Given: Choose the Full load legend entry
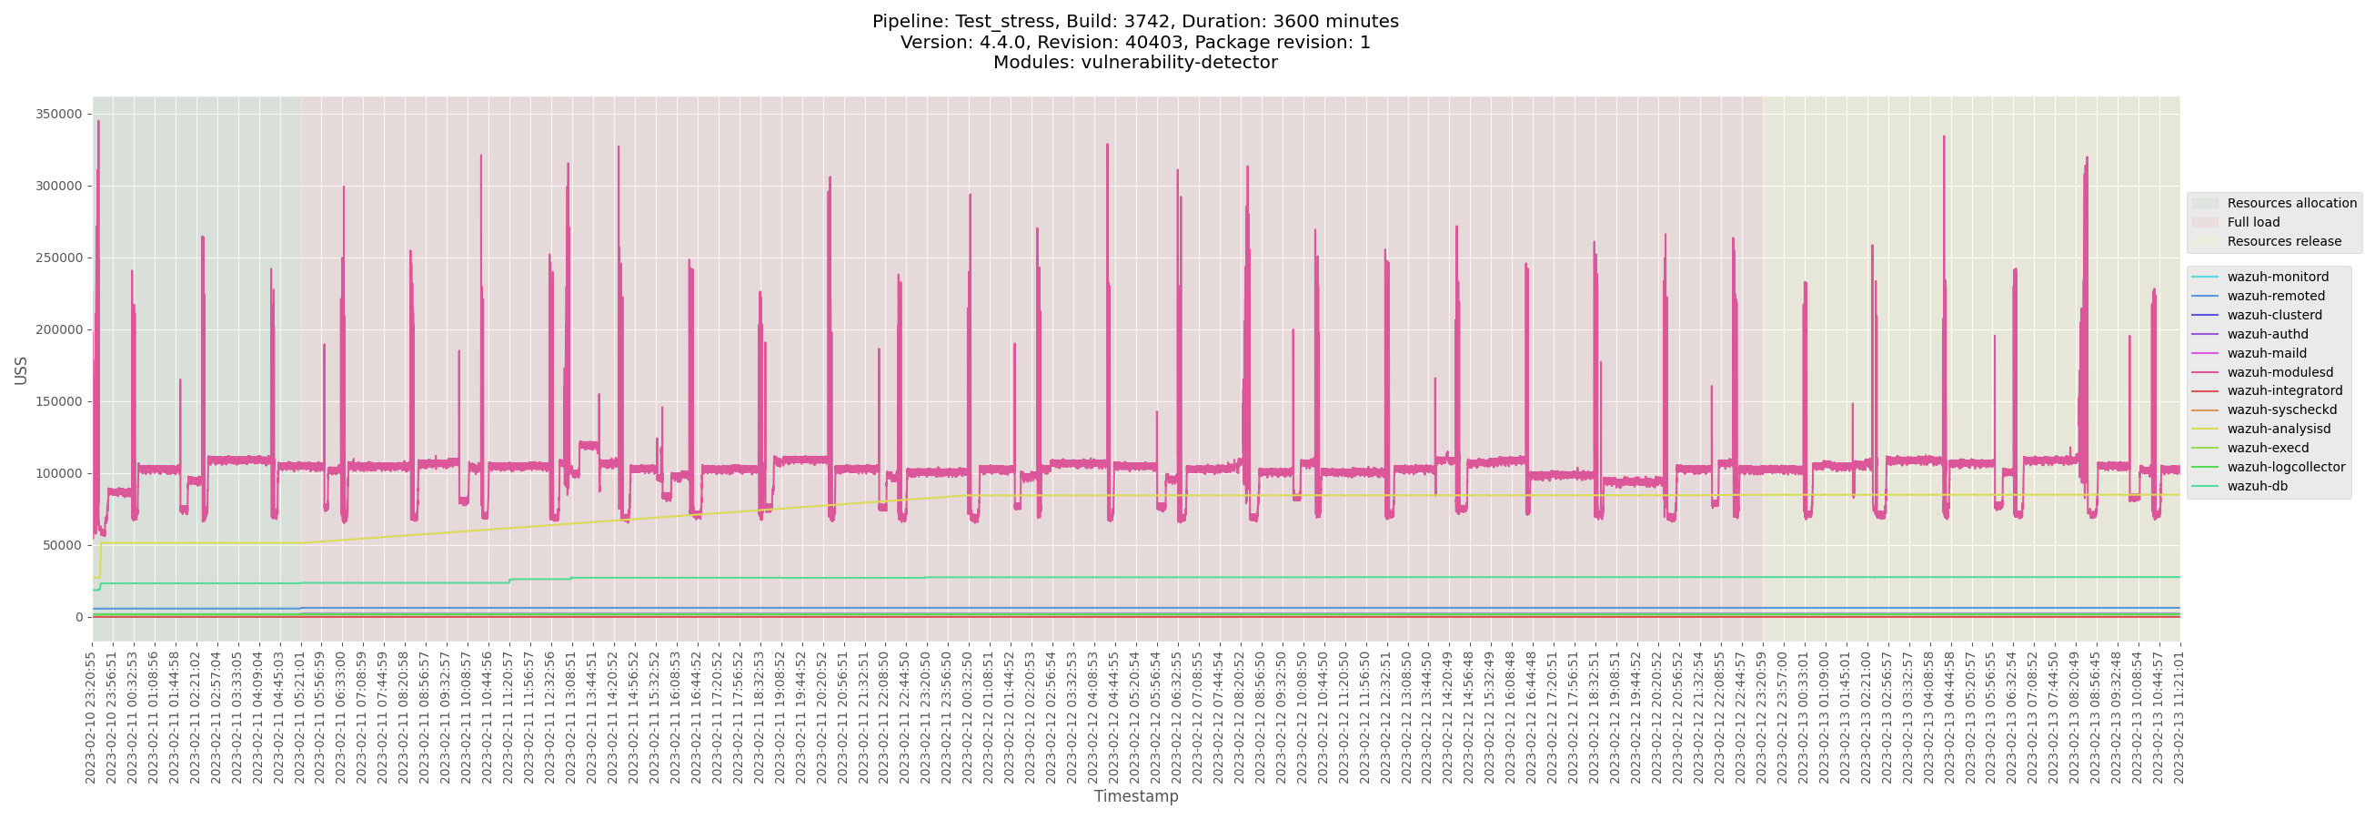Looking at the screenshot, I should (x=2253, y=222).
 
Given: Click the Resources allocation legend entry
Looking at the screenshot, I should (x=2290, y=203).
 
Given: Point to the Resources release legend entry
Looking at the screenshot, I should (x=2283, y=241).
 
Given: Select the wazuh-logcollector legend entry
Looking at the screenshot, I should (x=2285, y=467).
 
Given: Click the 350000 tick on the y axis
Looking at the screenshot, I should (x=59, y=114).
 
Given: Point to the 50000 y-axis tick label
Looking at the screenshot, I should (x=63, y=545).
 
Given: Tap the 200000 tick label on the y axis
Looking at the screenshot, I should (x=59, y=329).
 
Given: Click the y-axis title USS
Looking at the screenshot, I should (x=21, y=370).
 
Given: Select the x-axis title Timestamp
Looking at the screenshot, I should (x=1136, y=796).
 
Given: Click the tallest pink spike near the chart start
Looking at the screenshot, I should (x=98, y=124).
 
